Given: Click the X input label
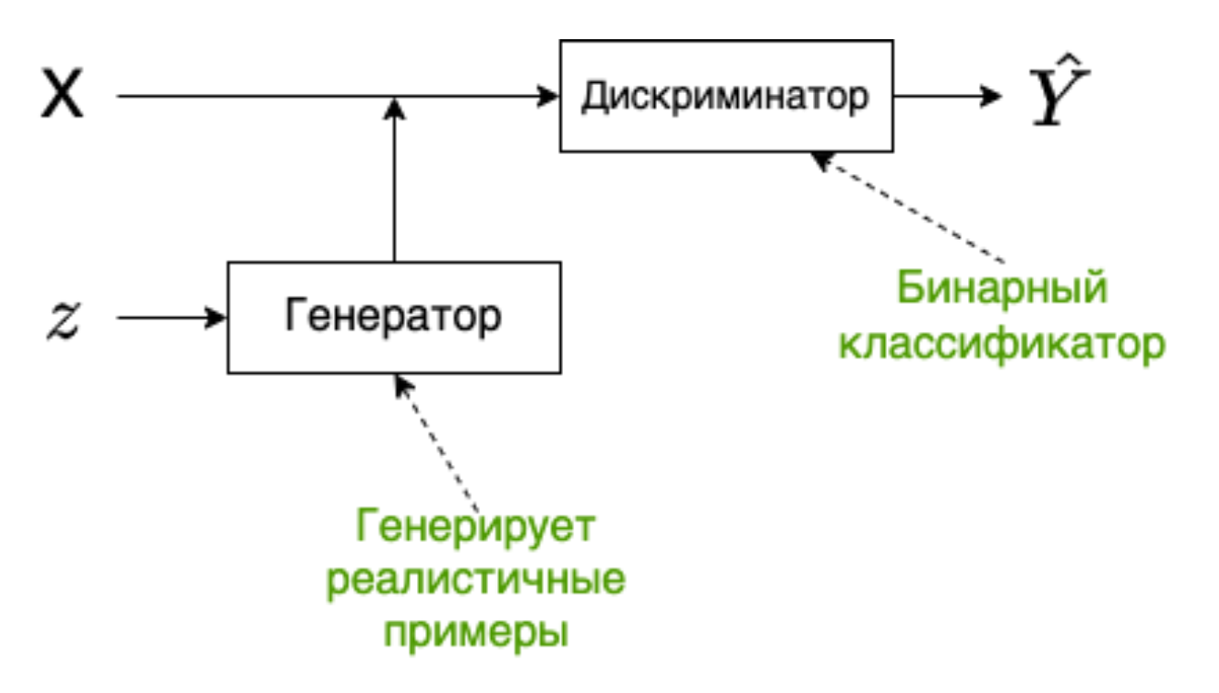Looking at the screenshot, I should (x=62, y=96).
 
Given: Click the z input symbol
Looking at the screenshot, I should (x=64, y=319).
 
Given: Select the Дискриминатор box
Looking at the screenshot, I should (x=726, y=96).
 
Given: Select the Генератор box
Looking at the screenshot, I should (x=393, y=317).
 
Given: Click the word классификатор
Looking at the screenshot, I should (x=1001, y=345).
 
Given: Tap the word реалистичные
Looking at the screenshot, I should (x=475, y=580).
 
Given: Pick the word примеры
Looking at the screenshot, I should (x=475, y=633).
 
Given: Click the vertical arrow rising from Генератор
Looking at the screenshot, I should (x=394, y=182).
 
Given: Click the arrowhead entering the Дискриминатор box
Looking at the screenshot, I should (x=548, y=96).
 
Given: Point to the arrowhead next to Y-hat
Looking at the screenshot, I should (x=992, y=96).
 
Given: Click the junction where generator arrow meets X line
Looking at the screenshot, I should (x=394, y=97).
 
